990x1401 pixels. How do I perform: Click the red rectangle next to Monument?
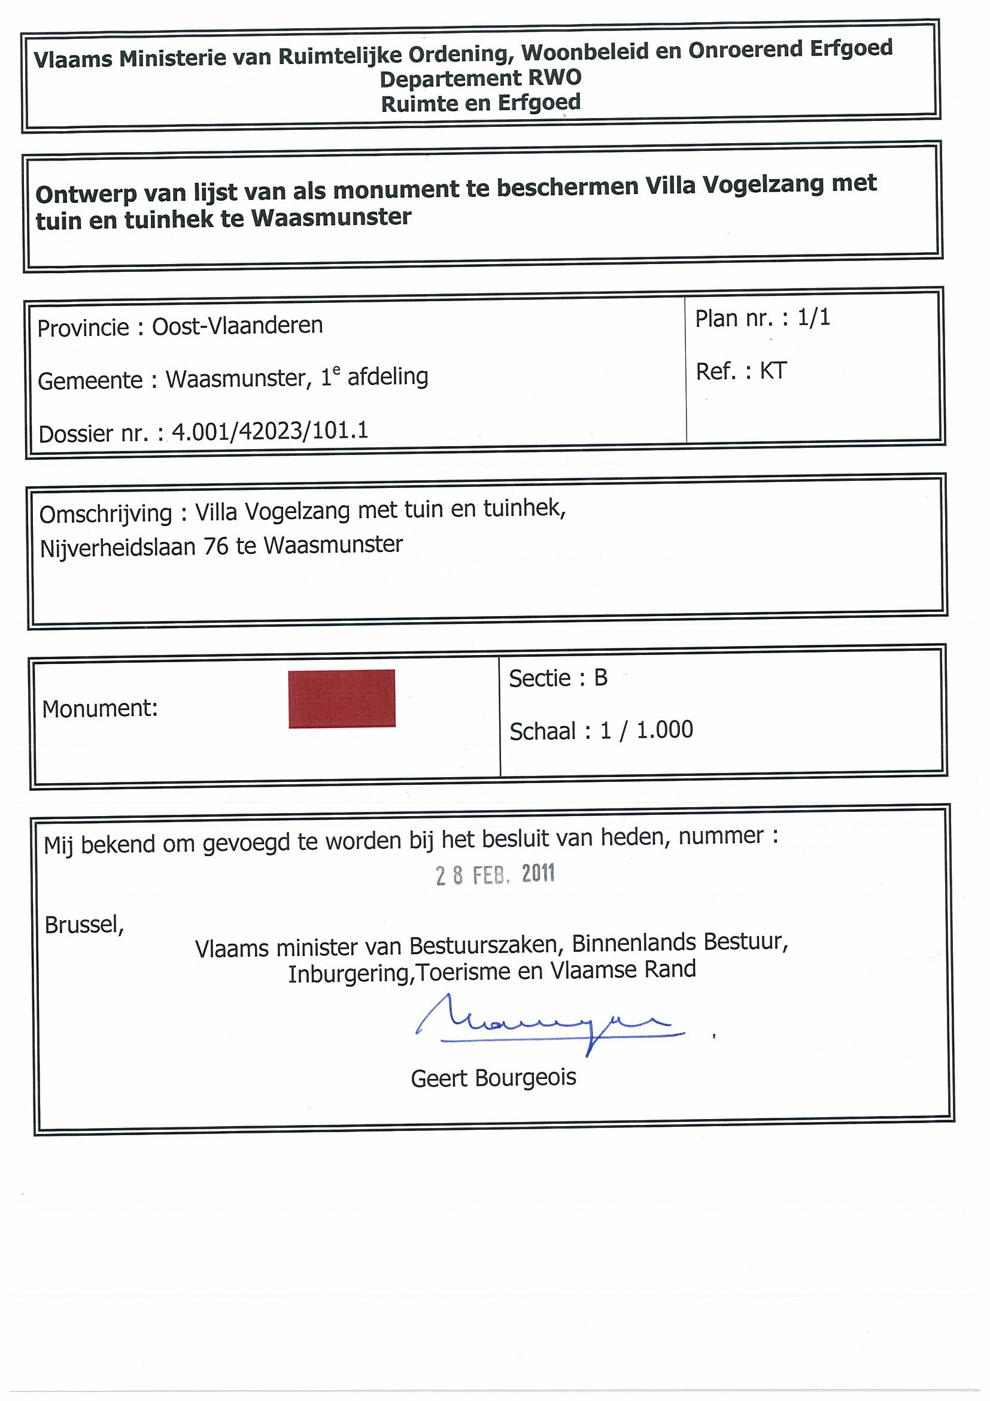pyautogui.click(x=342, y=698)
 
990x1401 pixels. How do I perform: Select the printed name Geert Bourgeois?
pyautogui.click(x=493, y=1078)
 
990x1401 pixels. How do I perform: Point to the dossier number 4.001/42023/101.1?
pyautogui.click(x=269, y=432)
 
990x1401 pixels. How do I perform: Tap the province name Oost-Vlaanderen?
pyautogui.click(x=237, y=326)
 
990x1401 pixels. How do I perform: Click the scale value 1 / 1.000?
pyautogui.click(x=646, y=730)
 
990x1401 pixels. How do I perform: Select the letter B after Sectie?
pyautogui.click(x=600, y=678)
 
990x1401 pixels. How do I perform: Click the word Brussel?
pyautogui.click(x=84, y=925)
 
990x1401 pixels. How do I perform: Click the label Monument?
pyautogui.click(x=100, y=708)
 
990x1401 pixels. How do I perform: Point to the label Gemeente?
pyautogui.click(x=90, y=381)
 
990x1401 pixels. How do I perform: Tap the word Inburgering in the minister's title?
pyautogui.click(x=348, y=974)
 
